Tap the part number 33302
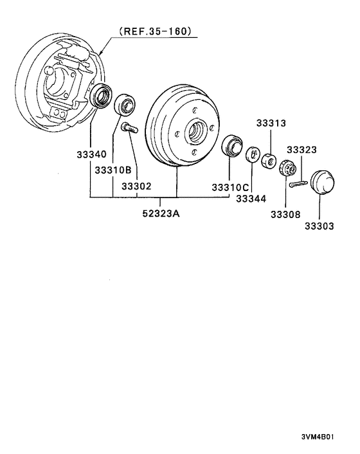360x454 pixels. pyautogui.click(x=136, y=186)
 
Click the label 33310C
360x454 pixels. pyautogui.click(x=230, y=187)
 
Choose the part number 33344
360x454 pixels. pyautogui.click(x=250, y=199)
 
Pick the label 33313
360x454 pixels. pyautogui.click(x=271, y=123)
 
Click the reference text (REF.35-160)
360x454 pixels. pyautogui.click(x=155, y=31)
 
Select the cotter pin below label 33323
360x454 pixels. pyautogui.click(x=300, y=185)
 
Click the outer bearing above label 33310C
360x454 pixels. pyautogui.click(x=231, y=146)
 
